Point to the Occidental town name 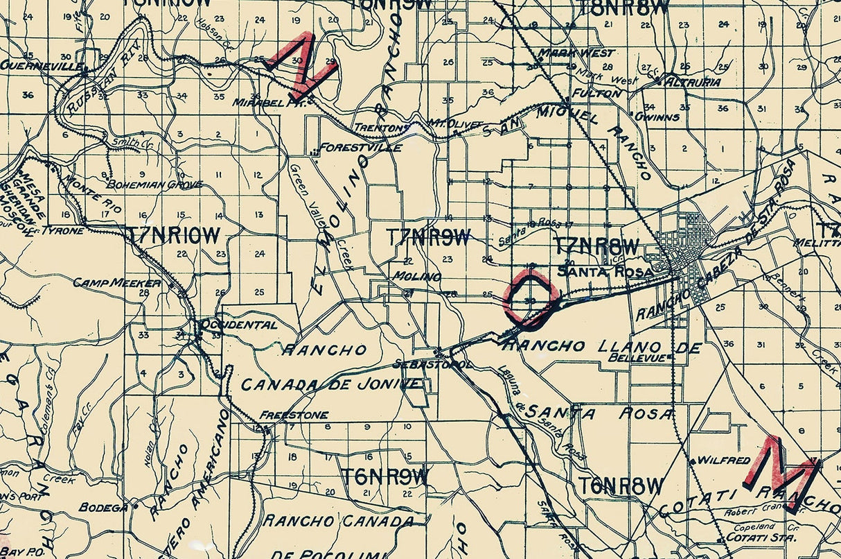pos(239,325)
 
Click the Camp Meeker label pos(116,283)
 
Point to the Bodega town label pos(103,507)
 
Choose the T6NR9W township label pos(384,476)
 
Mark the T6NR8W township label pos(621,485)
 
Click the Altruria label pos(692,82)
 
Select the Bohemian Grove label pos(154,184)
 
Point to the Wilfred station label pos(723,460)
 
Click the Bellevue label pos(638,358)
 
